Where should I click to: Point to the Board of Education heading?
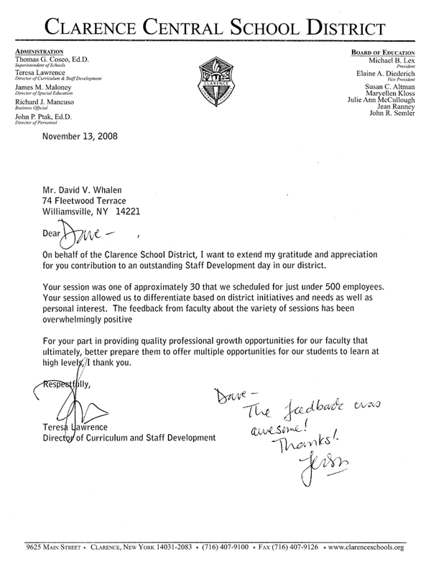point(382,52)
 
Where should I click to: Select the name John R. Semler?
point(391,115)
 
